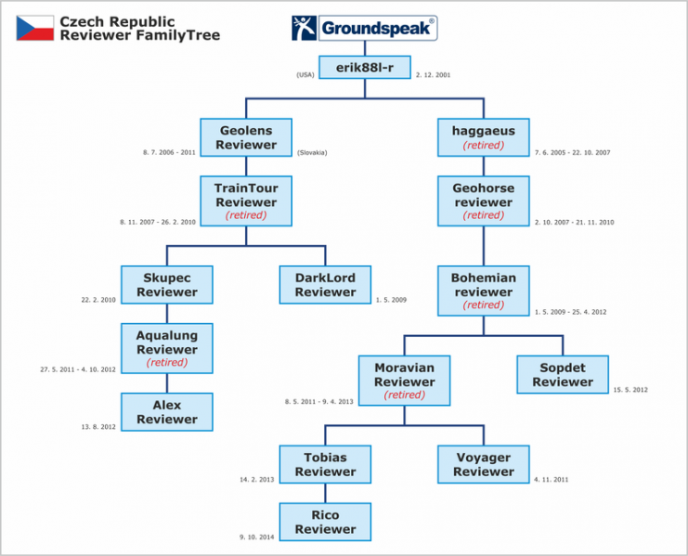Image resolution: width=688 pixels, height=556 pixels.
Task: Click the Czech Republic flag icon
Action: coord(35,28)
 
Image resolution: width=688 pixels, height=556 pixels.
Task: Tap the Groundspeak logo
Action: coord(363,28)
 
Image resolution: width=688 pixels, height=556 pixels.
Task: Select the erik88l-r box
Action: coord(364,69)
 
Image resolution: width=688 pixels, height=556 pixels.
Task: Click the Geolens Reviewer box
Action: coord(247,137)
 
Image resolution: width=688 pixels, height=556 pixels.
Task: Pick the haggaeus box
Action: coord(483,137)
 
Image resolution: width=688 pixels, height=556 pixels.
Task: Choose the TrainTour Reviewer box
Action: coord(246,200)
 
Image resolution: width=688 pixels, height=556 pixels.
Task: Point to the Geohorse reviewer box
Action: coord(483,201)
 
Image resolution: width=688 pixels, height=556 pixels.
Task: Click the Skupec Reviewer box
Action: coord(167,285)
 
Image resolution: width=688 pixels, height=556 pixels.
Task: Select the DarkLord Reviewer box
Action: coord(325,285)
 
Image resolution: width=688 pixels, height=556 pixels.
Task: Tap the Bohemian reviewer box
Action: coord(483,291)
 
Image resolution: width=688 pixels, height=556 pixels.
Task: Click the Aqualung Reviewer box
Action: coord(167,348)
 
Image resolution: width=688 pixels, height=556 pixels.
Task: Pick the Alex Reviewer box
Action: coord(167,412)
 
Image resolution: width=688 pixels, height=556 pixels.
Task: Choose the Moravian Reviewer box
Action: coord(404,381)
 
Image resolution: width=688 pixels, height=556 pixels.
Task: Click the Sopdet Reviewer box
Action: coord(563,374)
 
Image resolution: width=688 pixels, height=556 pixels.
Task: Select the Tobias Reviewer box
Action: coord(325,464)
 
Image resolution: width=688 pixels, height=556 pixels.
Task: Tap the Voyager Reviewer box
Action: coord(483,464)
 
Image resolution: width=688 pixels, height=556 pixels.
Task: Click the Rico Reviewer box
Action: coord(325,522)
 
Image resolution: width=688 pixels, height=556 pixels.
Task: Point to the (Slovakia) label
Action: coord(312,152)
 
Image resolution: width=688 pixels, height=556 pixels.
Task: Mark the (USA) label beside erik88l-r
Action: coord(305,74)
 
